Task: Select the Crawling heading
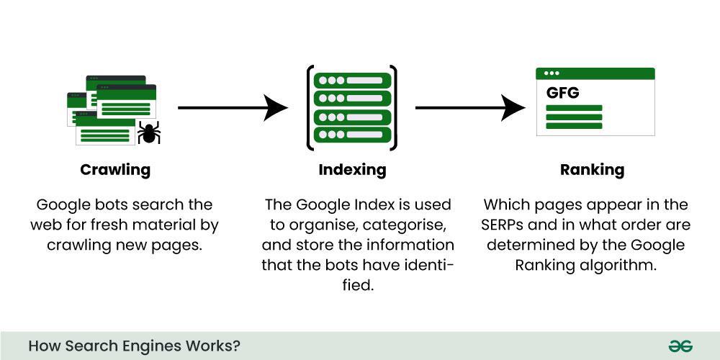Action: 115,171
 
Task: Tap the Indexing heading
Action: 352,171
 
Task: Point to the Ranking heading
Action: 592,171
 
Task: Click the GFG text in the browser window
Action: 562,94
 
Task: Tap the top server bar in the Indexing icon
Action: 353,80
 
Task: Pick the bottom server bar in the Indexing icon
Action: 353,135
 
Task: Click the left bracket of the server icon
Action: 310,108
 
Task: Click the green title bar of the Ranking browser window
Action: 595,73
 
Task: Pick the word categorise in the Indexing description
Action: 401,225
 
